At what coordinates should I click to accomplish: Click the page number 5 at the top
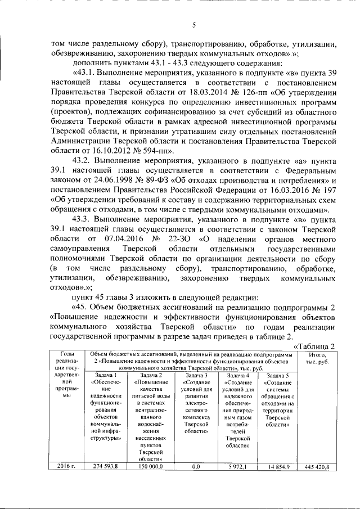click(x=193, y=25)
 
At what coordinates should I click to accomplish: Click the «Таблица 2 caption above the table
click(x=316, y=345)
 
